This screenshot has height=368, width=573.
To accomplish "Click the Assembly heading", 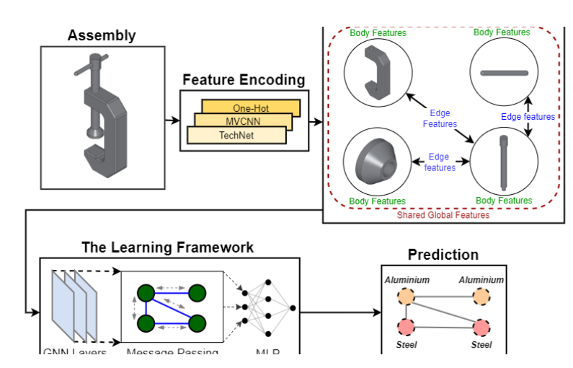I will pos(102,35).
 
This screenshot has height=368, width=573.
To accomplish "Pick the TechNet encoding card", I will pos(236,135).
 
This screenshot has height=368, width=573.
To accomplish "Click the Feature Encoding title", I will pos(244,80).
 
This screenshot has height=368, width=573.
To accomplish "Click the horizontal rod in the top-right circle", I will pos(505,72).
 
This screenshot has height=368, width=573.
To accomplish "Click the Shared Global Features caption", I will pos(443,214).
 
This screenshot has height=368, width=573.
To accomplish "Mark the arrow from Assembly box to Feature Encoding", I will pos(171,120).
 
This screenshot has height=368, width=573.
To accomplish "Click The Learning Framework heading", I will pos(167,247).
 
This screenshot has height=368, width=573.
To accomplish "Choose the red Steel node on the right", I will pos(480,327).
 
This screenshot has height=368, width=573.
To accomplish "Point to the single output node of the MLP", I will pos(292,309).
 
